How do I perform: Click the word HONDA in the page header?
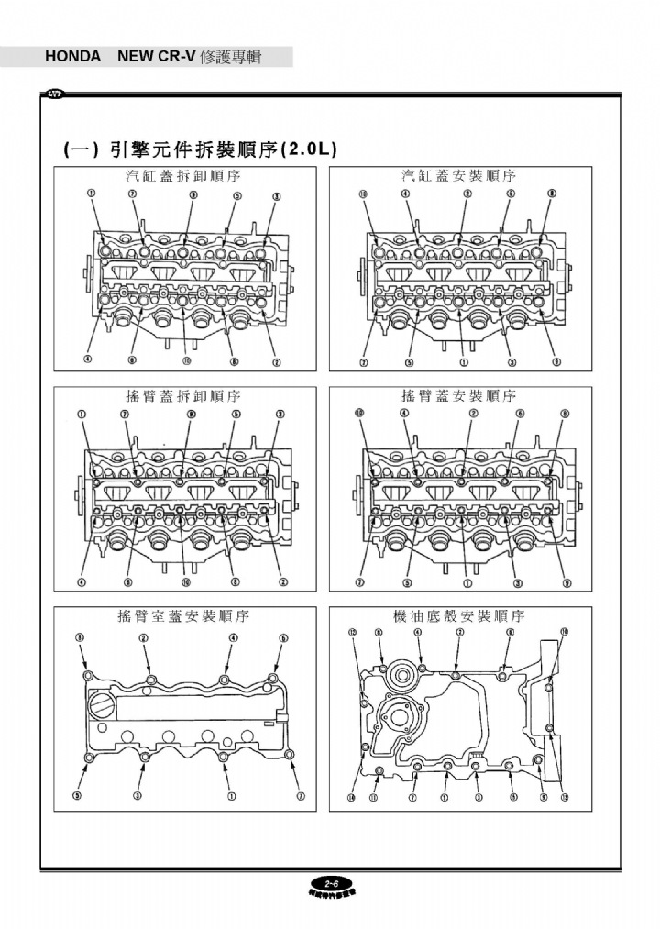click(73, 57)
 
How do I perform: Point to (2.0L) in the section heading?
click(308, 149)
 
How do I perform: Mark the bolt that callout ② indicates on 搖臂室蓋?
click(150, 680)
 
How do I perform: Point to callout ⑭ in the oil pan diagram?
click(352, 797)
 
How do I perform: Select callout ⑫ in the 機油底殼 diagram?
click(565, 797)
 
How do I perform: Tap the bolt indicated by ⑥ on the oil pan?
click(502, 676)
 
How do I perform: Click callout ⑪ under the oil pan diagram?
click(374, 797)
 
